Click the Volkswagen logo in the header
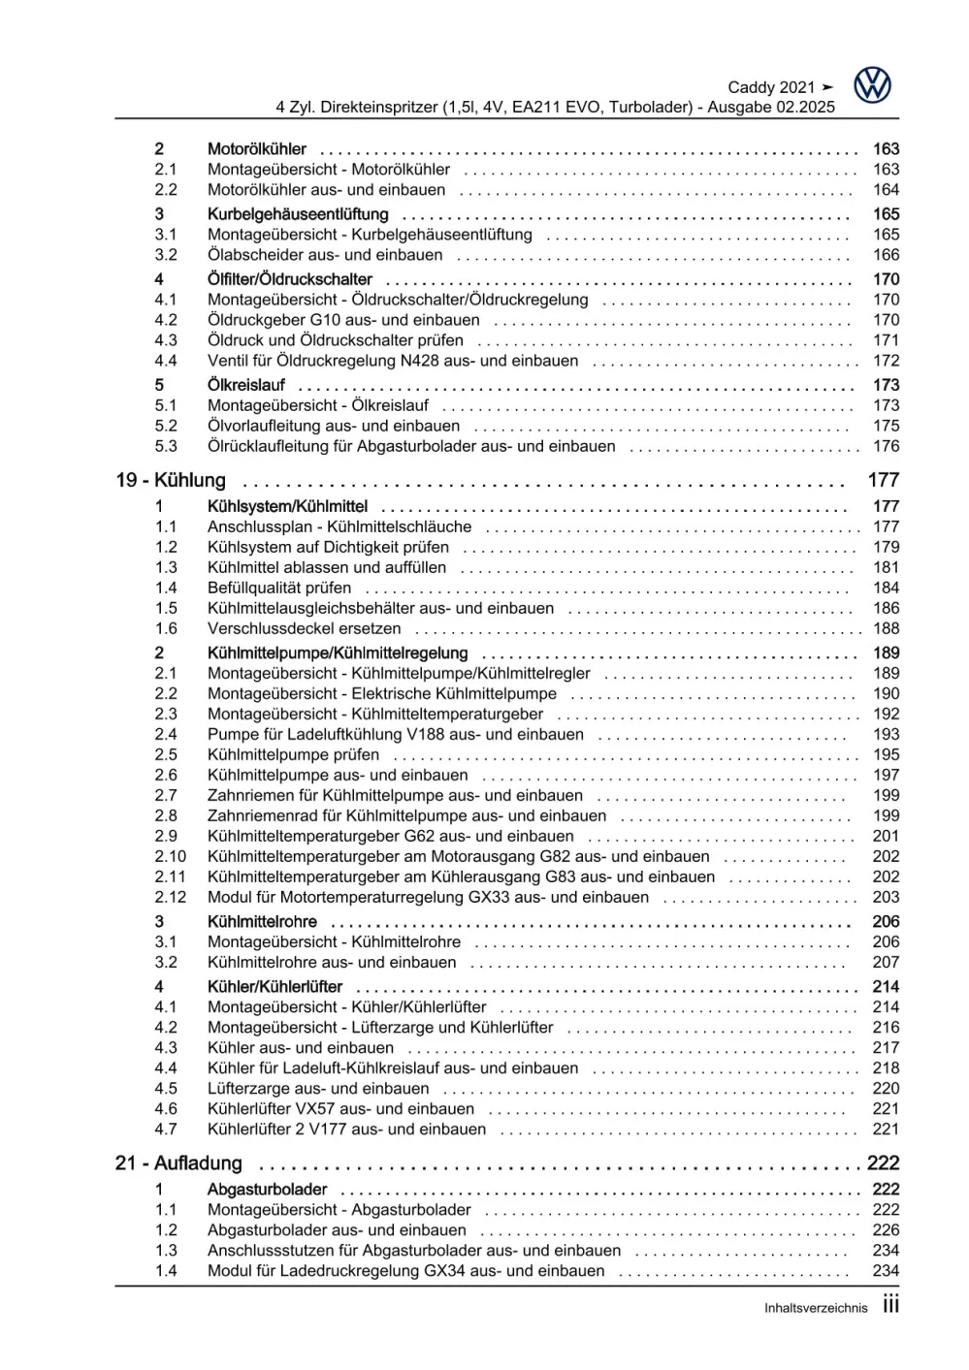point(872,85)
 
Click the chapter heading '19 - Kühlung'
point(171,480)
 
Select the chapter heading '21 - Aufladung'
point(178,1163)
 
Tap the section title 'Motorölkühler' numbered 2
point(256,149)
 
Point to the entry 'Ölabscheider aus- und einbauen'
point(325,255)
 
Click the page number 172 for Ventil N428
point(886,361)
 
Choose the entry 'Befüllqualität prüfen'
point(279,588)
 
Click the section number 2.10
point(170,856)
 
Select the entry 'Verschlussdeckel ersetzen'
point(304,628)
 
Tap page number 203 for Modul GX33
point(886,897)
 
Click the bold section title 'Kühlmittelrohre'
point(262,921)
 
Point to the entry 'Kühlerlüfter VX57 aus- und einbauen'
point(340,1108)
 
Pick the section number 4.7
point(166,1129)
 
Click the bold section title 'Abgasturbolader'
point(267,1190)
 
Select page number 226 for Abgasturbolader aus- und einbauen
point(886,1230)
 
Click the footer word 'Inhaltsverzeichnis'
point(816,1308)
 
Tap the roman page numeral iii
point(890,1305)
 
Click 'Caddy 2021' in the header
point(771,87)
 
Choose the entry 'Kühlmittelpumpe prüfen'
point(293,754)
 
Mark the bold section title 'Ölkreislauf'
point(245,385)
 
